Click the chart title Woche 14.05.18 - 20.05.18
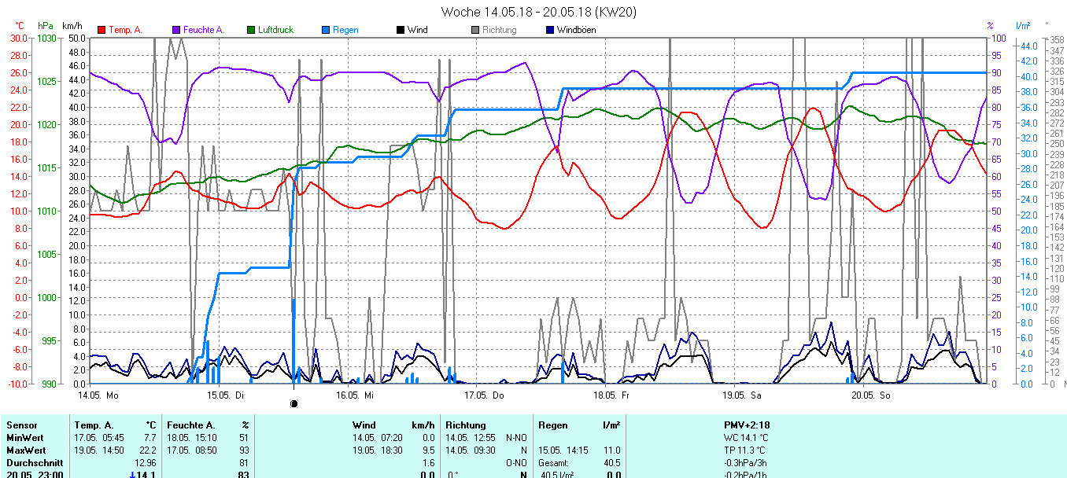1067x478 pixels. pyautogui.click(x=539, y=12)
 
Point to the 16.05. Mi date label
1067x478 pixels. pyautogui.click(x=357, y=395)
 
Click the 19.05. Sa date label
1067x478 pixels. pyautogui.click(x=743, y=395)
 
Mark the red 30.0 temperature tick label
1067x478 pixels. pyautogui.click(x=18, y=39)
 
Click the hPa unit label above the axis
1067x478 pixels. pyautogui.click(x=46, y=26)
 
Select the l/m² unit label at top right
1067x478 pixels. pyautogui.click(x=1023, y=26)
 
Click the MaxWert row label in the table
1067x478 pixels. pyautogui.click(x=24, y=450)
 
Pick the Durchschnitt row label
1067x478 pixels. pyautogui.click(x=32, y=462)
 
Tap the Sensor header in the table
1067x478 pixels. pyautogui.click(x=21, y=425)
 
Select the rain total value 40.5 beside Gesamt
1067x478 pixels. pyautogui.click(x=611, y=462)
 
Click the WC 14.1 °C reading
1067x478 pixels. pyautogui.click(x=746, y=438)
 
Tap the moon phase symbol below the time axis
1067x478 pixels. pyautogui.click(x=294, y=403)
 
